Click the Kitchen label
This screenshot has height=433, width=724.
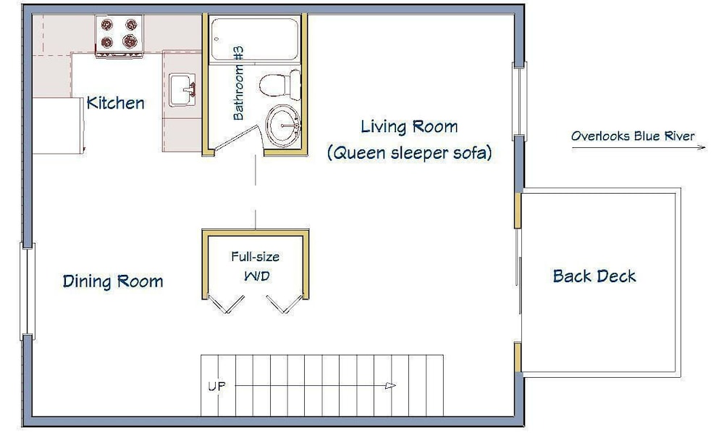(x=115, y=103)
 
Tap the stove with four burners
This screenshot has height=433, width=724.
(x=119, y=36)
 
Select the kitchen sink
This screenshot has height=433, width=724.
(x=182, y=90)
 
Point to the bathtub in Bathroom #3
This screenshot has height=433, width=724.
(x=254, y=39)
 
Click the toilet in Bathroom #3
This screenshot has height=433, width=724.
(x=280, y=85)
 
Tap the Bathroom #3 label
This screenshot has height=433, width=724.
(x=238, y=83)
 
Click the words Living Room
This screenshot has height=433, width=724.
(x=409, y=126)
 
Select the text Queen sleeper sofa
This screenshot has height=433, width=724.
(x=409, y=152)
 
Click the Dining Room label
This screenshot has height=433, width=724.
(x=113, y=281)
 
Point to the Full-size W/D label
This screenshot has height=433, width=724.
(x=256, y=266)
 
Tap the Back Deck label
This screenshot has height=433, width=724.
(x=594, y=276)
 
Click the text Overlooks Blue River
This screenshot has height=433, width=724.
(x=633, y=136)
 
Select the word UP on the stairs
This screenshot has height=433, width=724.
(x=216, y=386)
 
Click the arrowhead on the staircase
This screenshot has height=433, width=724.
(x=391, y=385)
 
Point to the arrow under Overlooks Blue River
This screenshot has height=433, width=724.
(x=639, y=147)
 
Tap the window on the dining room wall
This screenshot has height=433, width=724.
(x=28, y=292)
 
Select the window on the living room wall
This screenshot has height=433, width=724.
(x=519, y=102)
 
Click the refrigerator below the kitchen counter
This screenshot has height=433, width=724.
(x=58, y=125)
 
